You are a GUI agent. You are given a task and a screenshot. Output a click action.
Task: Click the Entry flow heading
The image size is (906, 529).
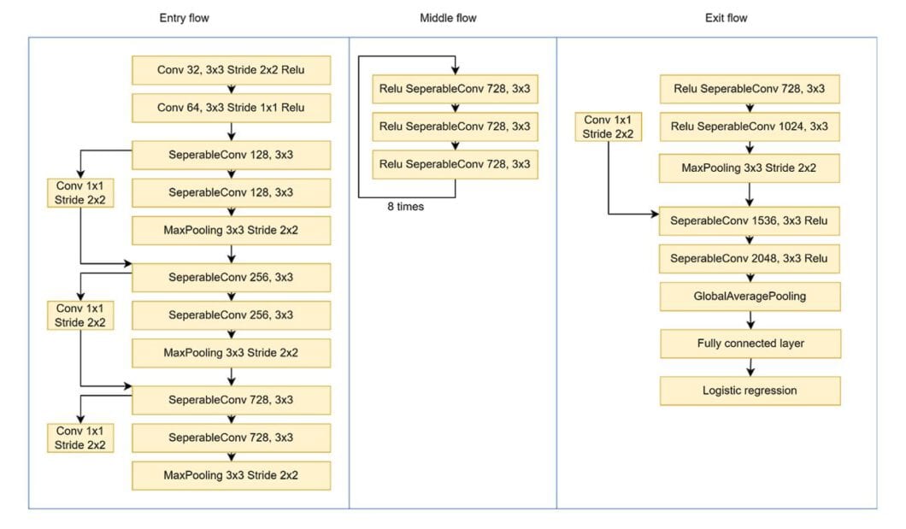184,18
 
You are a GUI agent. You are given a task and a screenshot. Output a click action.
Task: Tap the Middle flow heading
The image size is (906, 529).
448,18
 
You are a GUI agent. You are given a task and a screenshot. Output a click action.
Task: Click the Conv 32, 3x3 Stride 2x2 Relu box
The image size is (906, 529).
231,70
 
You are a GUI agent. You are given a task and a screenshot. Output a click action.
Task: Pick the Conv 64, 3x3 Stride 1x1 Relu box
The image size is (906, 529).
231,108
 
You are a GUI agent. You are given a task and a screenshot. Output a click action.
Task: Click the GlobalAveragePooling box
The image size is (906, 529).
750,297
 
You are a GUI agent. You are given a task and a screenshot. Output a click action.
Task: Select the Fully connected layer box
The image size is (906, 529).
750,344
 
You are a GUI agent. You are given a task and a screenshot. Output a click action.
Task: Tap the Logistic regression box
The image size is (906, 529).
750,391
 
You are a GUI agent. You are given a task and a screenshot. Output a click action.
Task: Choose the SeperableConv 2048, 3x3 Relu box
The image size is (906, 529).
750,258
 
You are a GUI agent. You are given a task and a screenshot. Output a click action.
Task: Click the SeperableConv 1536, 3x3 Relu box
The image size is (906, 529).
750,220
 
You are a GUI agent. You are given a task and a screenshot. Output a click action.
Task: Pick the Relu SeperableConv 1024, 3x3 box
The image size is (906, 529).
750,127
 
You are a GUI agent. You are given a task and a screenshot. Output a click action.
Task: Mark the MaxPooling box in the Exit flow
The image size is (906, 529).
750,168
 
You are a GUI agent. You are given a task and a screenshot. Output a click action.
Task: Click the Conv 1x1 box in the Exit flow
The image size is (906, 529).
608,127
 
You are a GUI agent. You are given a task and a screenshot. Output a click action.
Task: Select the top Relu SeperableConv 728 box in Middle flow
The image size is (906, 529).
455,89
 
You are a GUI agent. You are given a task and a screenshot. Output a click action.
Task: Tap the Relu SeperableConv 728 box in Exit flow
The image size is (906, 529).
750,89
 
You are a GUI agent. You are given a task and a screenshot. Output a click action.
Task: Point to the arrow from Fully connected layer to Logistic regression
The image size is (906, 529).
750,367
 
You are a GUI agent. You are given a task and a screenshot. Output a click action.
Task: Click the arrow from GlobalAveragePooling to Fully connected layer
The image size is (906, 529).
750,320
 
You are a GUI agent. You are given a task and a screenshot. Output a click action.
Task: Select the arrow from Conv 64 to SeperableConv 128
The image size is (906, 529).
232,132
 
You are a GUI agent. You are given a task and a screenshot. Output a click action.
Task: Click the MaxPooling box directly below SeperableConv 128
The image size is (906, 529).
231,230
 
